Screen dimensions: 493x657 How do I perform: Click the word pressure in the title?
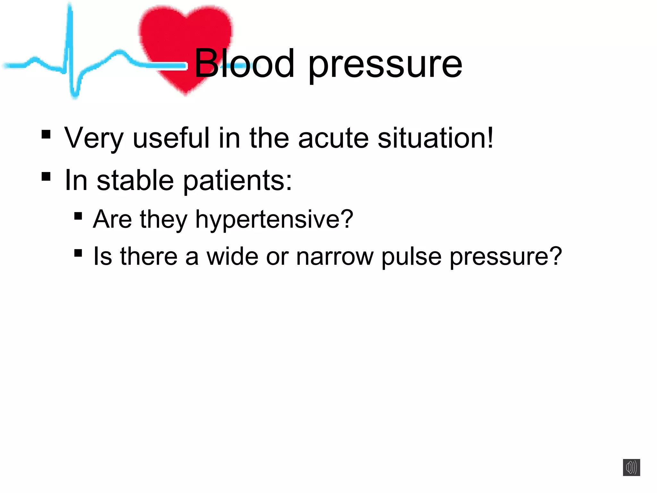pyautogui.click(x=385, y=66)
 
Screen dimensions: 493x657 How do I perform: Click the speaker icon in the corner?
pyautogui.click(x=631, y=467)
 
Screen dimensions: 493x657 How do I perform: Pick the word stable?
pyautogui.click(x=135, y=180)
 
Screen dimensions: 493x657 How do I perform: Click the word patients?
pyautogui.click(x=238, y=181)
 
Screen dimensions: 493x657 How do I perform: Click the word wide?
pyautogui.click(x=232, y=256)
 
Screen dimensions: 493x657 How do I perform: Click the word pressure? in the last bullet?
pyautogui.click(x=506, y=257)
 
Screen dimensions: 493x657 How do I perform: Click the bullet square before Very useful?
pyautogui.click(x=46, y=134)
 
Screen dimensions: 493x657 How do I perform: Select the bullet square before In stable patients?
pyautogui.click(x=46, y=177)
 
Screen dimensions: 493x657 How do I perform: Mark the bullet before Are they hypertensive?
pyautogui.click(x=78, y=216)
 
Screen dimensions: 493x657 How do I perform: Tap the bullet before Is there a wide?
pyautogui.click(x=78, y=253)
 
